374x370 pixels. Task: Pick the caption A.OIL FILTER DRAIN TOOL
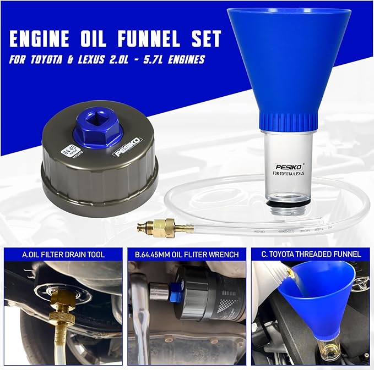point(63,255)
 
